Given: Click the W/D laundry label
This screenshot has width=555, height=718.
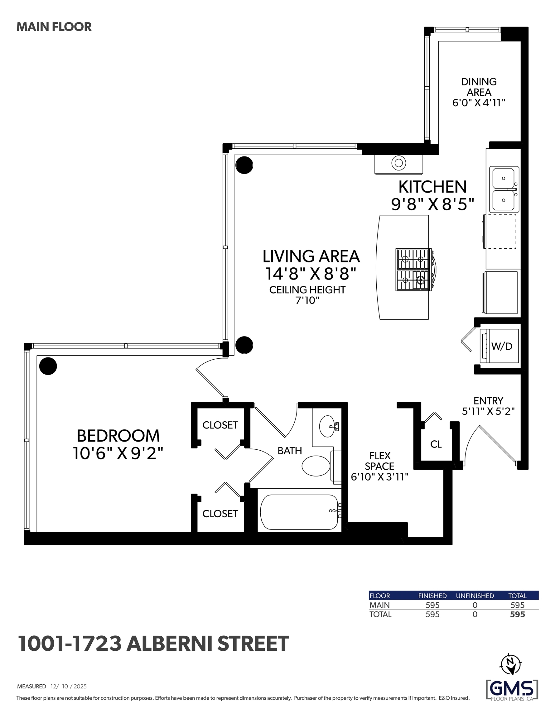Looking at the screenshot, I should point(502,346).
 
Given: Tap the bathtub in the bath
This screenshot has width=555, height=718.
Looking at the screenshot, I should point(299,512).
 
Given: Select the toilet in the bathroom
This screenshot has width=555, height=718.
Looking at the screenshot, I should point(316,466).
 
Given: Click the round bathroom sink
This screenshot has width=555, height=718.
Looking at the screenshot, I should point(328,426).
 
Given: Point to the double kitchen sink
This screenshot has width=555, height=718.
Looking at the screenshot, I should point(503,190).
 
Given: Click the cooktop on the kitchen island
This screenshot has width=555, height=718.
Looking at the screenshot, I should point(413,270).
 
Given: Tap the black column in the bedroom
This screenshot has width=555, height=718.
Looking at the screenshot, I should point(48,366).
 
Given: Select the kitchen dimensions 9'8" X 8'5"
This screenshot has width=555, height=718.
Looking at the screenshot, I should point(432,204).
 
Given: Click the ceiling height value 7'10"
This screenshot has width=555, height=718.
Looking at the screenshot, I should point(307,300).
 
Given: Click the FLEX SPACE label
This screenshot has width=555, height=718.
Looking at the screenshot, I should point(380,461).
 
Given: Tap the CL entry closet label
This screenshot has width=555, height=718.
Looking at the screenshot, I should point(436,444).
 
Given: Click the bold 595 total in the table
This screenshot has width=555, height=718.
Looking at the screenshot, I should point(518,615).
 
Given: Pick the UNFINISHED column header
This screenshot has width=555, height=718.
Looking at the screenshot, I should point(475,596).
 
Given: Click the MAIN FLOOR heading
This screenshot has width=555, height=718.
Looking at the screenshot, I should point(54,27).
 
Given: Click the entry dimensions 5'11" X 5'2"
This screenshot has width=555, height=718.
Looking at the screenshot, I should point(488,411).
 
